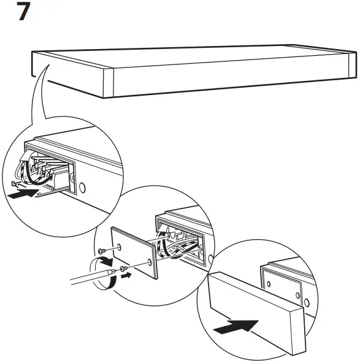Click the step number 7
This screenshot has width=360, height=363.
pyautogui.click(x=24, y=12)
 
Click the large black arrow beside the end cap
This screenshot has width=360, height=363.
pyautogui.click(x=236, y=326)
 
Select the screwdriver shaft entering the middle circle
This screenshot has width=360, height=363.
pyautogui.click(x=86, y=280)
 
